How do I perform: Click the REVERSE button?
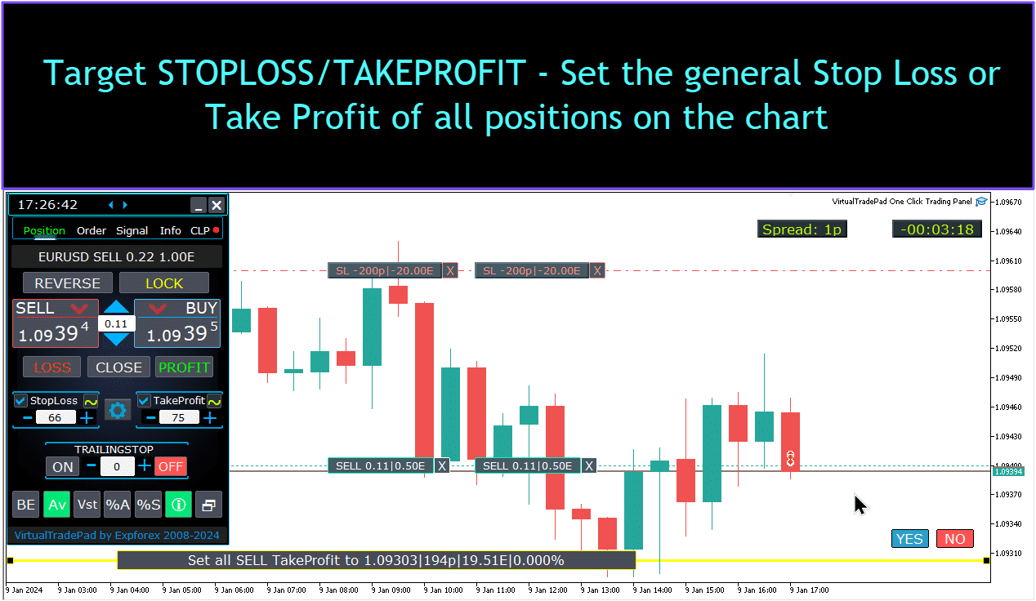click(68, 283)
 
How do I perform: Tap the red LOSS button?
click(52, 367)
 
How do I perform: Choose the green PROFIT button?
click(184, 367)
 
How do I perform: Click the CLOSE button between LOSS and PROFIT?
click(118, 367)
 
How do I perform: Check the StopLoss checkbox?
click(20, 400)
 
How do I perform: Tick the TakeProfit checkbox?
click(144, 400)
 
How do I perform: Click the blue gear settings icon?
click(118, 410)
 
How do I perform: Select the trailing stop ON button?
click(62, 466)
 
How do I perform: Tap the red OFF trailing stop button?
click(171, 466)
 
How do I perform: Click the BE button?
click(26, 505)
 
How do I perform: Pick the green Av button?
click(57, 505)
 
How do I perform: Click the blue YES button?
click(909, 539)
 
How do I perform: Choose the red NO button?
click(954, 539)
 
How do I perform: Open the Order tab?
click(92, 230)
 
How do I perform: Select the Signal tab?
click(132, 230)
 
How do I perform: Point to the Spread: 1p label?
click(802, 229)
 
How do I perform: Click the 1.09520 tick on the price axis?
click(1009, 348)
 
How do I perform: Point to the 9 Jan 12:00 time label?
click(547, 590)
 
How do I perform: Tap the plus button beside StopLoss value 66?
click(87, 418)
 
